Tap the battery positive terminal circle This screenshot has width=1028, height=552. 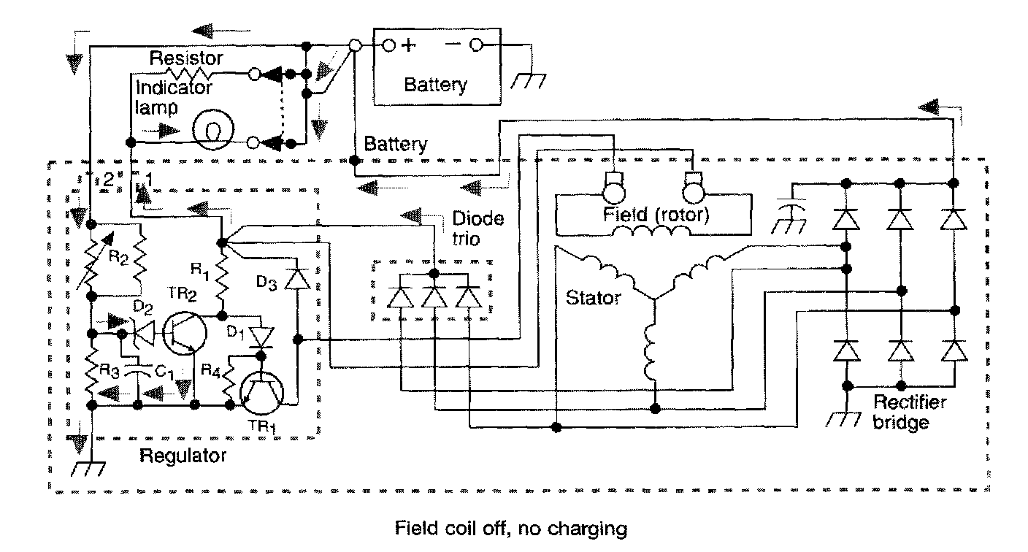(x=389, y=45)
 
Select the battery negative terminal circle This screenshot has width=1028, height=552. (x=476, y=45)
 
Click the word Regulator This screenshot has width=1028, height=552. (x=183, y=458)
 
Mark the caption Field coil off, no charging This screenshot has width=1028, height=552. (x=510, y=527)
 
